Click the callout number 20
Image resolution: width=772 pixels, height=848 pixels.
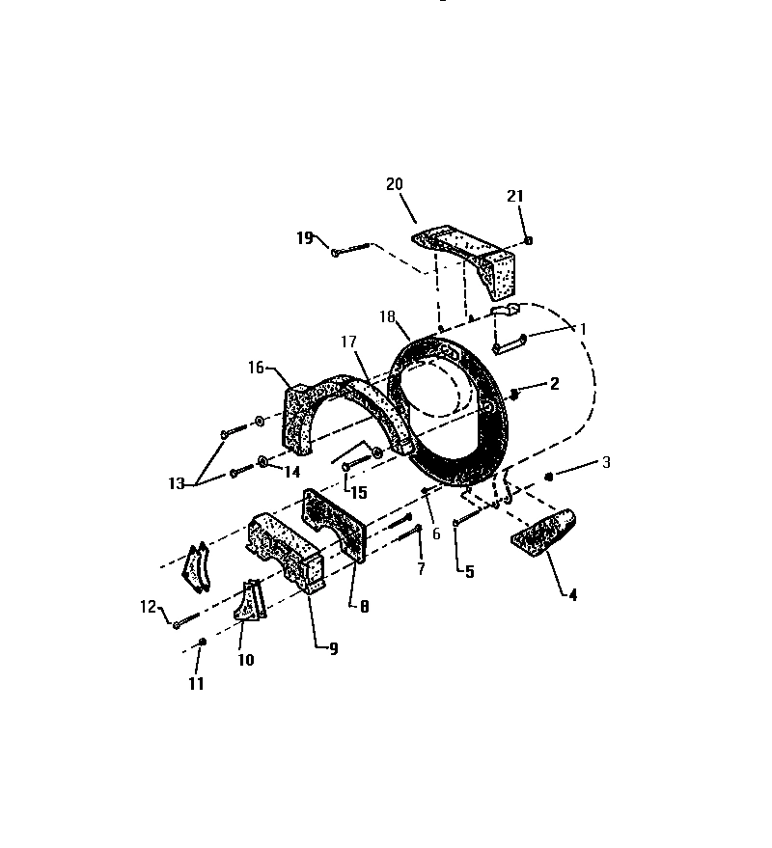click(x=396, y=184)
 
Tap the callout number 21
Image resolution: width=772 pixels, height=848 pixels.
click(x=515, y=196)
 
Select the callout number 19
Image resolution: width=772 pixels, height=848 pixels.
click(x=305, y=237)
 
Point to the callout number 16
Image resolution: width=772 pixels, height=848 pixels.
click(x=256, y=368)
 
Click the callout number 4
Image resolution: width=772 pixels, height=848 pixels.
click(x=572, y=595)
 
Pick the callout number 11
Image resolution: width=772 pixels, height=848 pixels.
click(x=196, y=684)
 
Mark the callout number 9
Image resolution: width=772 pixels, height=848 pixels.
click(x=333, y=649)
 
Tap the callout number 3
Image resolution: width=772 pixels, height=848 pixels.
click(x=606, y=462)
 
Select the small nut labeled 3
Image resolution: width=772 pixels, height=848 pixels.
click(x=548, y=476)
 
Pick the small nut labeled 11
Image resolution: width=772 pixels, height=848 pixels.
click(x=202, y=642)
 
